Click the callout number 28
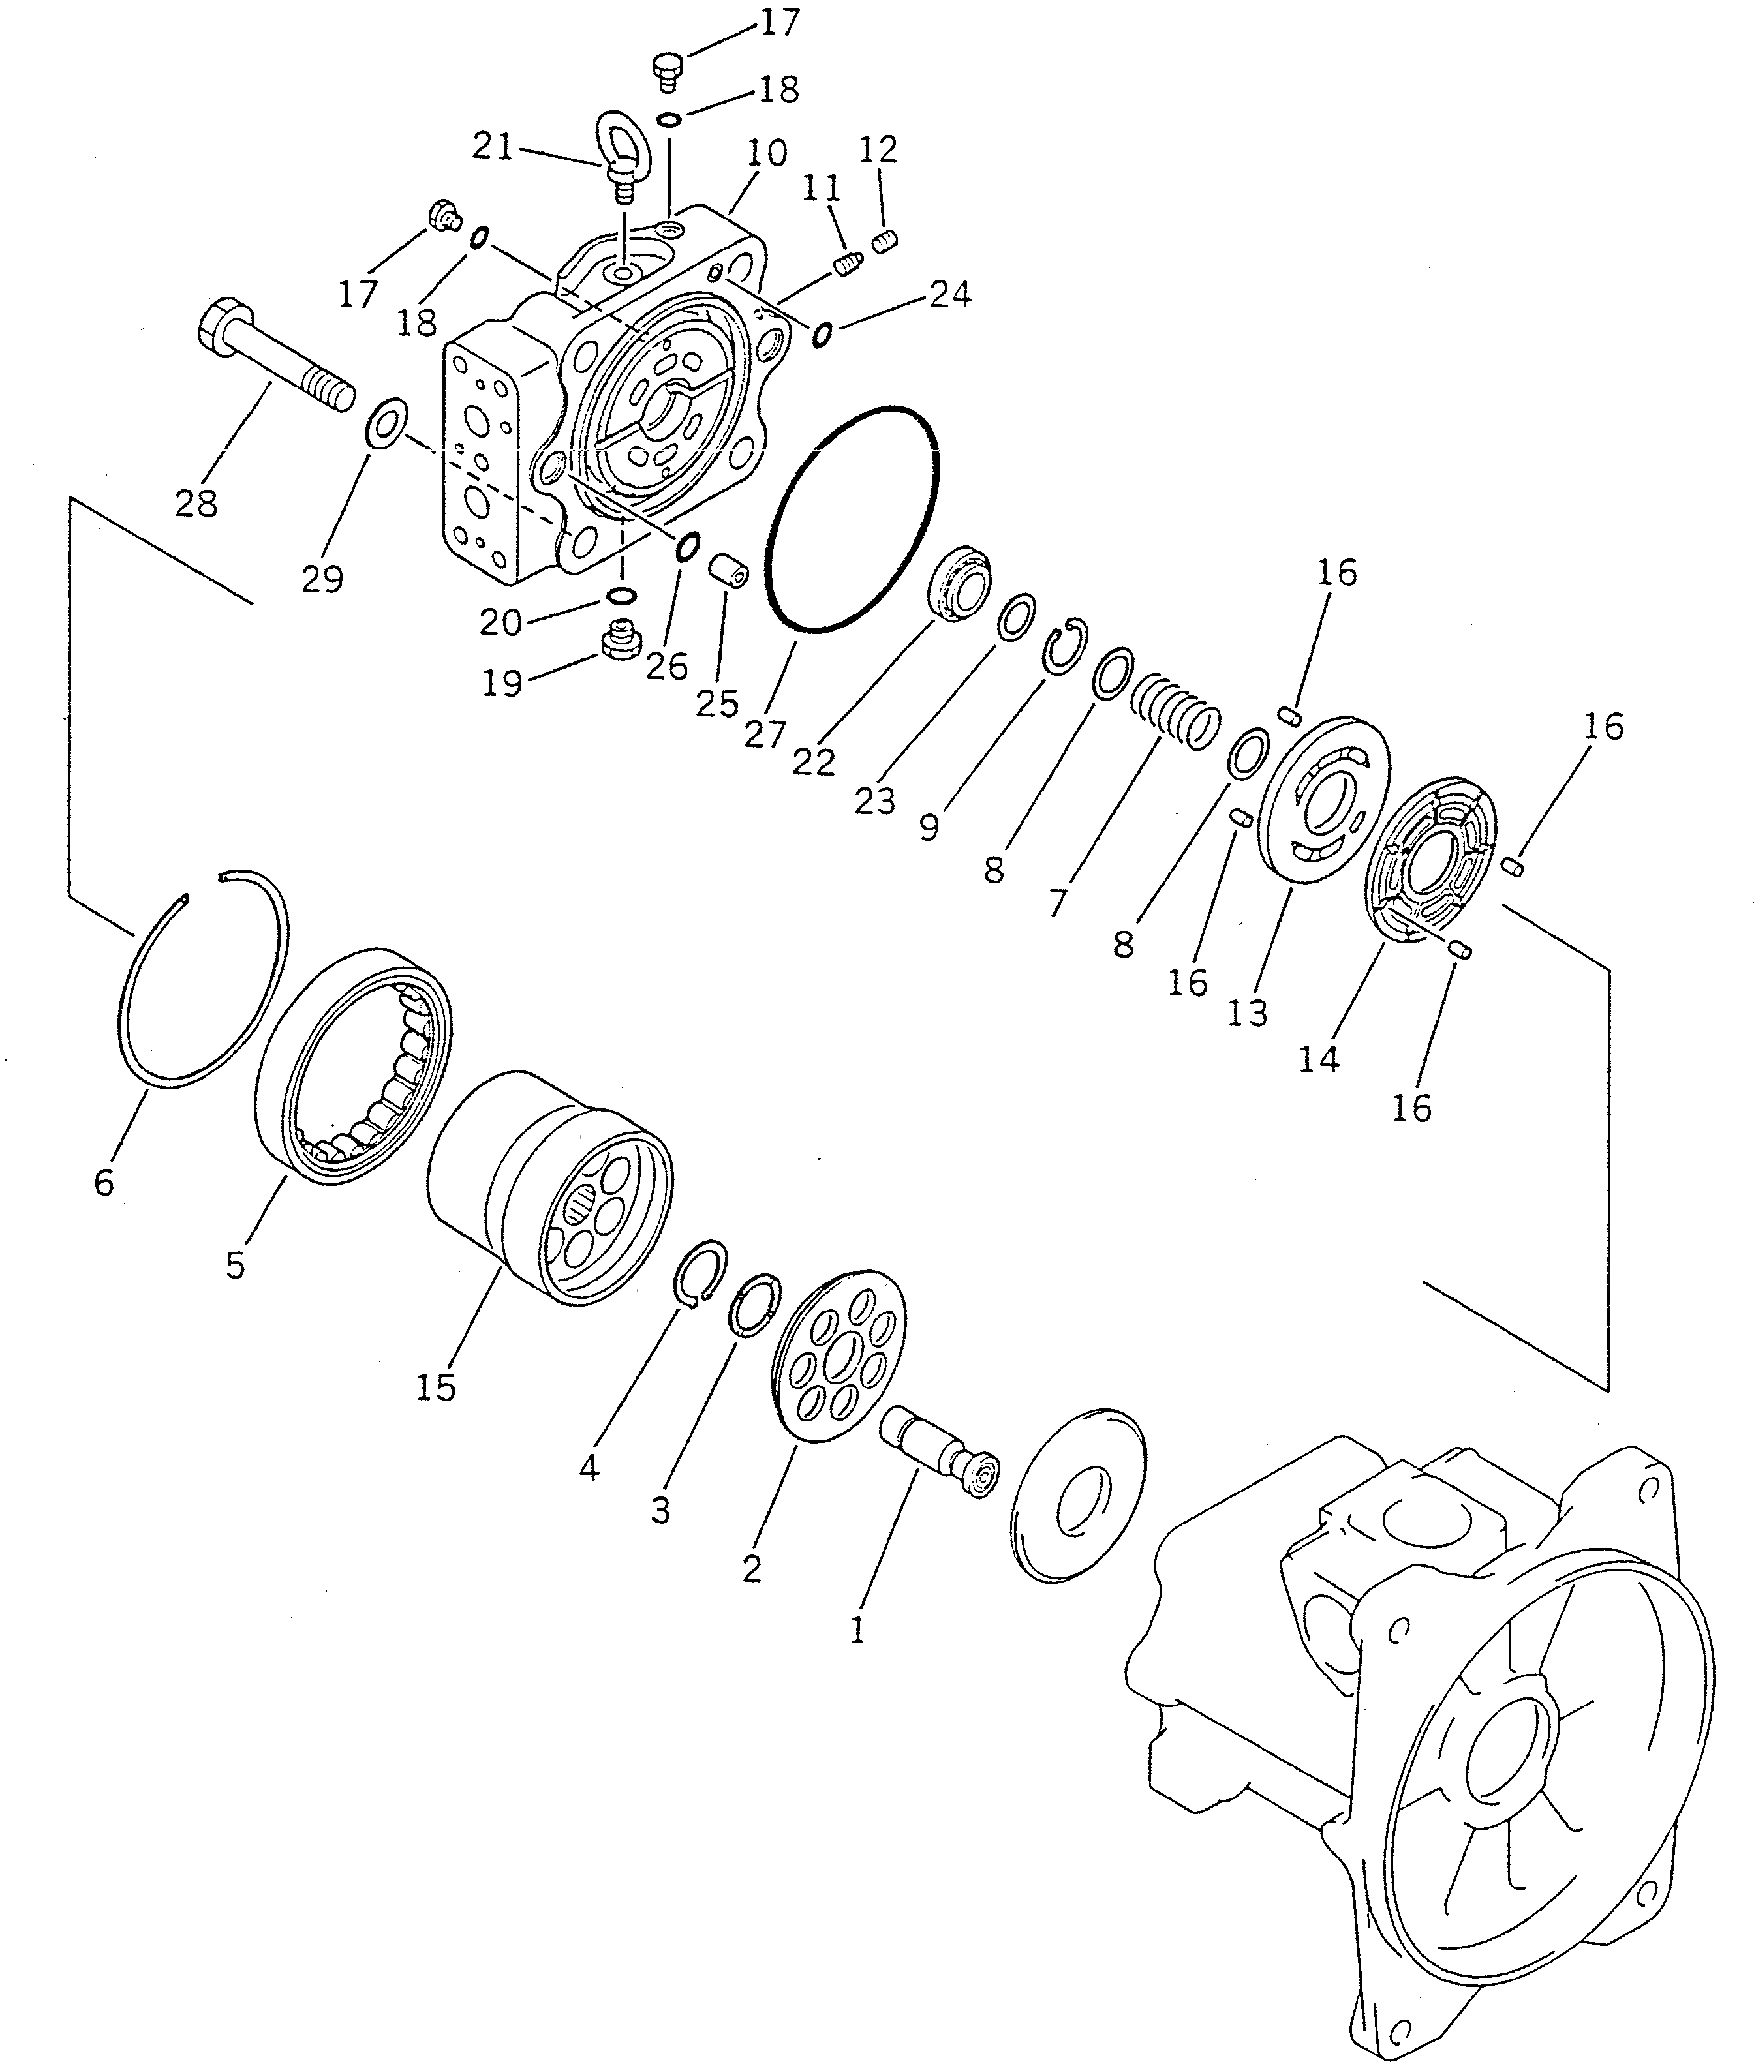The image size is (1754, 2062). pos(196,504)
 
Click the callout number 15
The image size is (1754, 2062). pos(435,1386)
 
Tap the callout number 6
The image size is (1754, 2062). pos(104,1181)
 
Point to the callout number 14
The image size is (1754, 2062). pos(1319,1060)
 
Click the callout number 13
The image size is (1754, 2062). pos(1247,1013)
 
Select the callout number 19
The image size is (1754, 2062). pos(502,683)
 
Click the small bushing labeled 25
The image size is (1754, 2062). pos(729,573)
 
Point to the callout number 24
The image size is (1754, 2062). pos(949,294)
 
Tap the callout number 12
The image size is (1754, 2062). pos(878,150)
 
